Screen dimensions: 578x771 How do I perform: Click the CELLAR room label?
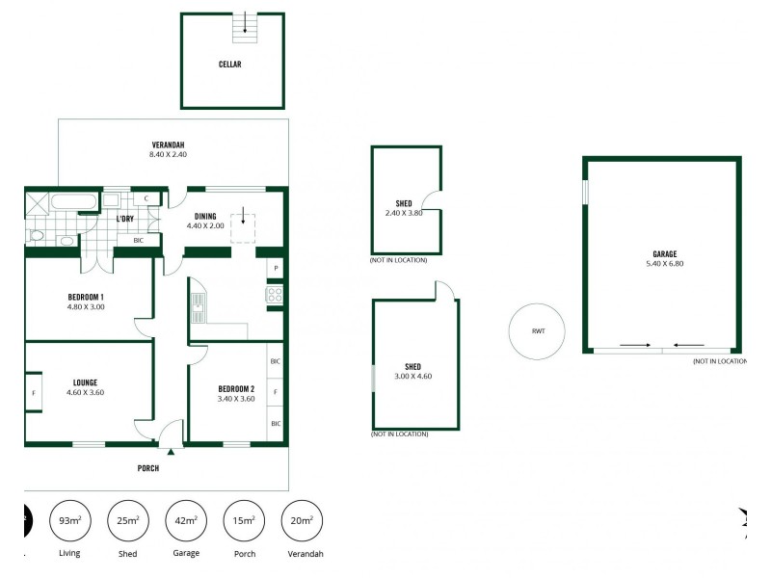point(229,65)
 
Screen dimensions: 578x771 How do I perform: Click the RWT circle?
point(538,331)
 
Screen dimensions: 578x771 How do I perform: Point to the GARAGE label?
point(664,254)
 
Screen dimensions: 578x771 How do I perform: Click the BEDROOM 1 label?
point(86,296)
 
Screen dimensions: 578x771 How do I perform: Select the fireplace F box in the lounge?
point(34,393)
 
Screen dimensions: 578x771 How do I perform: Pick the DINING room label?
point(205,216)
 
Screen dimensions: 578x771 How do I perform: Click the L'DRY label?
point(124,219)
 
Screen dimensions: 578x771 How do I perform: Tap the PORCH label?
point(147,468)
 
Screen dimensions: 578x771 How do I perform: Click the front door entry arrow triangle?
point(171,450)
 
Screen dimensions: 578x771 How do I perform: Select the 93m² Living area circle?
point(69,521)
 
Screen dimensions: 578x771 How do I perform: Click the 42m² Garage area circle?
point(186,521)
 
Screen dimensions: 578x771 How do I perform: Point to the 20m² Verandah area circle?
point(302,521)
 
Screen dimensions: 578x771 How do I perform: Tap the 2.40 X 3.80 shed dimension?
point(404,214)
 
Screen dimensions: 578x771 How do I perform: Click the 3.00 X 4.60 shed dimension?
point(412,376)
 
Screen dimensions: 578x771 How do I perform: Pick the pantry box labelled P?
point(276,268)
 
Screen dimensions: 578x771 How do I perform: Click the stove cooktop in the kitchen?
point(275,296)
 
